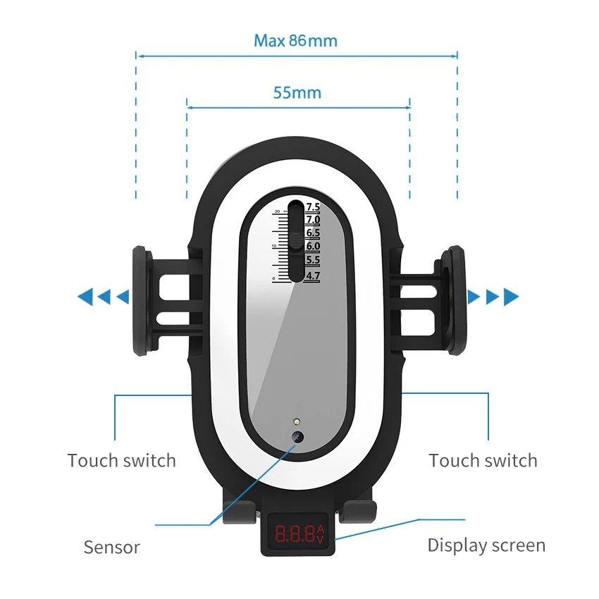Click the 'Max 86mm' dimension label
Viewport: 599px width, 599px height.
pyautogui.click(x=296, y=40)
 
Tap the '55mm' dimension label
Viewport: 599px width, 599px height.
pyautogui.click(x=297, y=92)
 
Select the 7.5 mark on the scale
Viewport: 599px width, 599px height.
pyautogui.click(x=313, y=206)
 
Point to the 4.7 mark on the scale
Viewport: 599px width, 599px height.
pyautogui.click(x=313, y=276)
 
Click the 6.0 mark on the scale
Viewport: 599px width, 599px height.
pyautogui.click(x=313, y=247)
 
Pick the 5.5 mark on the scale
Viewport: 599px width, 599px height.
pyautogui.click(x=313, y=260)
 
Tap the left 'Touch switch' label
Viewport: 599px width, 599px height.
pyautogui.click(x=121, y=461)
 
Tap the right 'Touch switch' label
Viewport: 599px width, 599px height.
pyautogui.click(x=483, y=461)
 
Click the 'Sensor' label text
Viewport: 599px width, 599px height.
pyautogui.click(x=111, y=547)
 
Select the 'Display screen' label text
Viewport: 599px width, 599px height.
pyautogui.click(x=486, y=545)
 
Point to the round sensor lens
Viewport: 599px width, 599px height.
pyautogui.click(x=298, y=437)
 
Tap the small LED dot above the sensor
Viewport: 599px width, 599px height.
pyautogui.click(x=298, y=421)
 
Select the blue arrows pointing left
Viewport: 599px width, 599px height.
pyautogui.click(x=104, y=297)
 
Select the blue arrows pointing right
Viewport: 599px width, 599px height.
pyautogui.click(x=493, y=297)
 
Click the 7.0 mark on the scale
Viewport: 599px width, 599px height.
pyautogui.click(x=313, y=220)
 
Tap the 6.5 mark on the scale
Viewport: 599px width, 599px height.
pyautogui.click(x=313, y=233)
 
